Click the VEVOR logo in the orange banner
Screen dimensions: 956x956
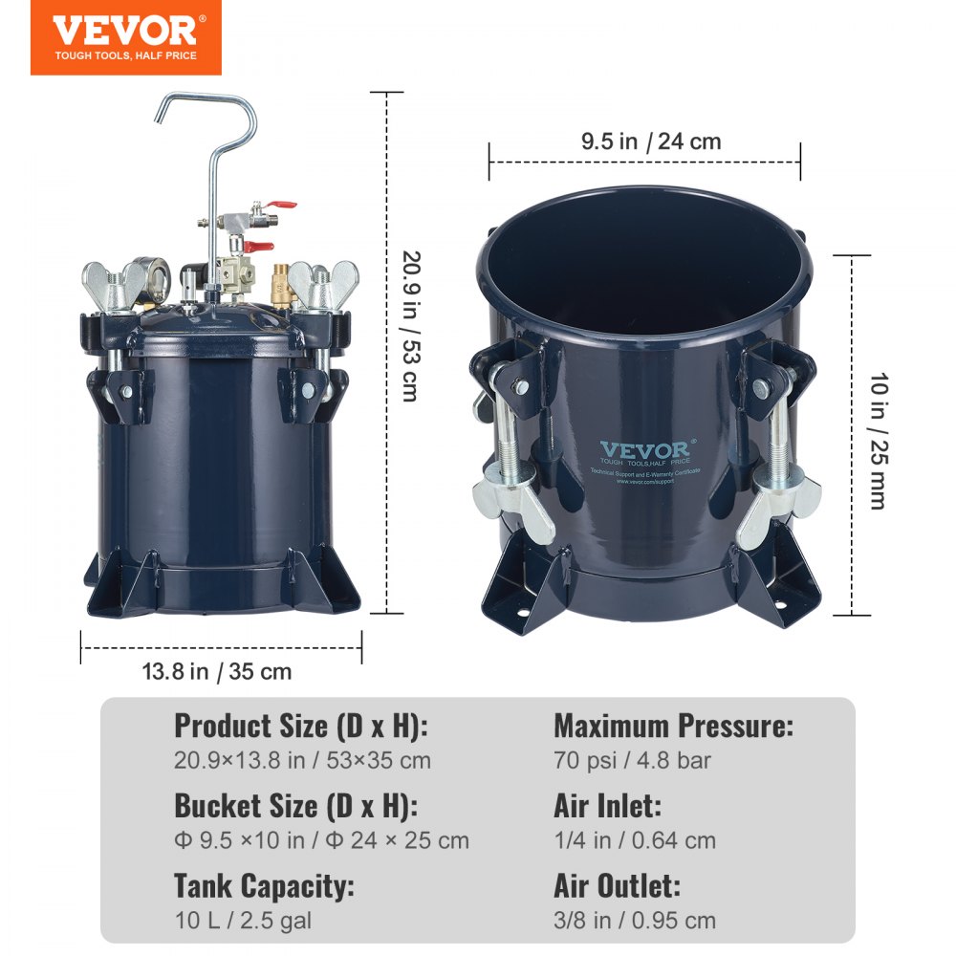124,30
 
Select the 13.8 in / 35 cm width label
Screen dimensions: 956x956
217,671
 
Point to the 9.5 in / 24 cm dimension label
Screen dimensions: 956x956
651,142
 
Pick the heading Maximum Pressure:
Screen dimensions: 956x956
673,727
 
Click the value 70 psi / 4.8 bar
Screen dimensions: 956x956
632,761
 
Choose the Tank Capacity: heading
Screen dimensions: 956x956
264,885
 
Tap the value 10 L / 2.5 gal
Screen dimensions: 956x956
243,921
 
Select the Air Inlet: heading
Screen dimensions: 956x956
607,806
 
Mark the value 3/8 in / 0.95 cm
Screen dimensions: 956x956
635,921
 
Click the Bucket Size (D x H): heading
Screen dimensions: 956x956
293,806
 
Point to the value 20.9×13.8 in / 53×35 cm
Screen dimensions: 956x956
302,761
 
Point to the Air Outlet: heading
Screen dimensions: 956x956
617,885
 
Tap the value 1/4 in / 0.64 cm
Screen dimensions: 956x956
635,840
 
